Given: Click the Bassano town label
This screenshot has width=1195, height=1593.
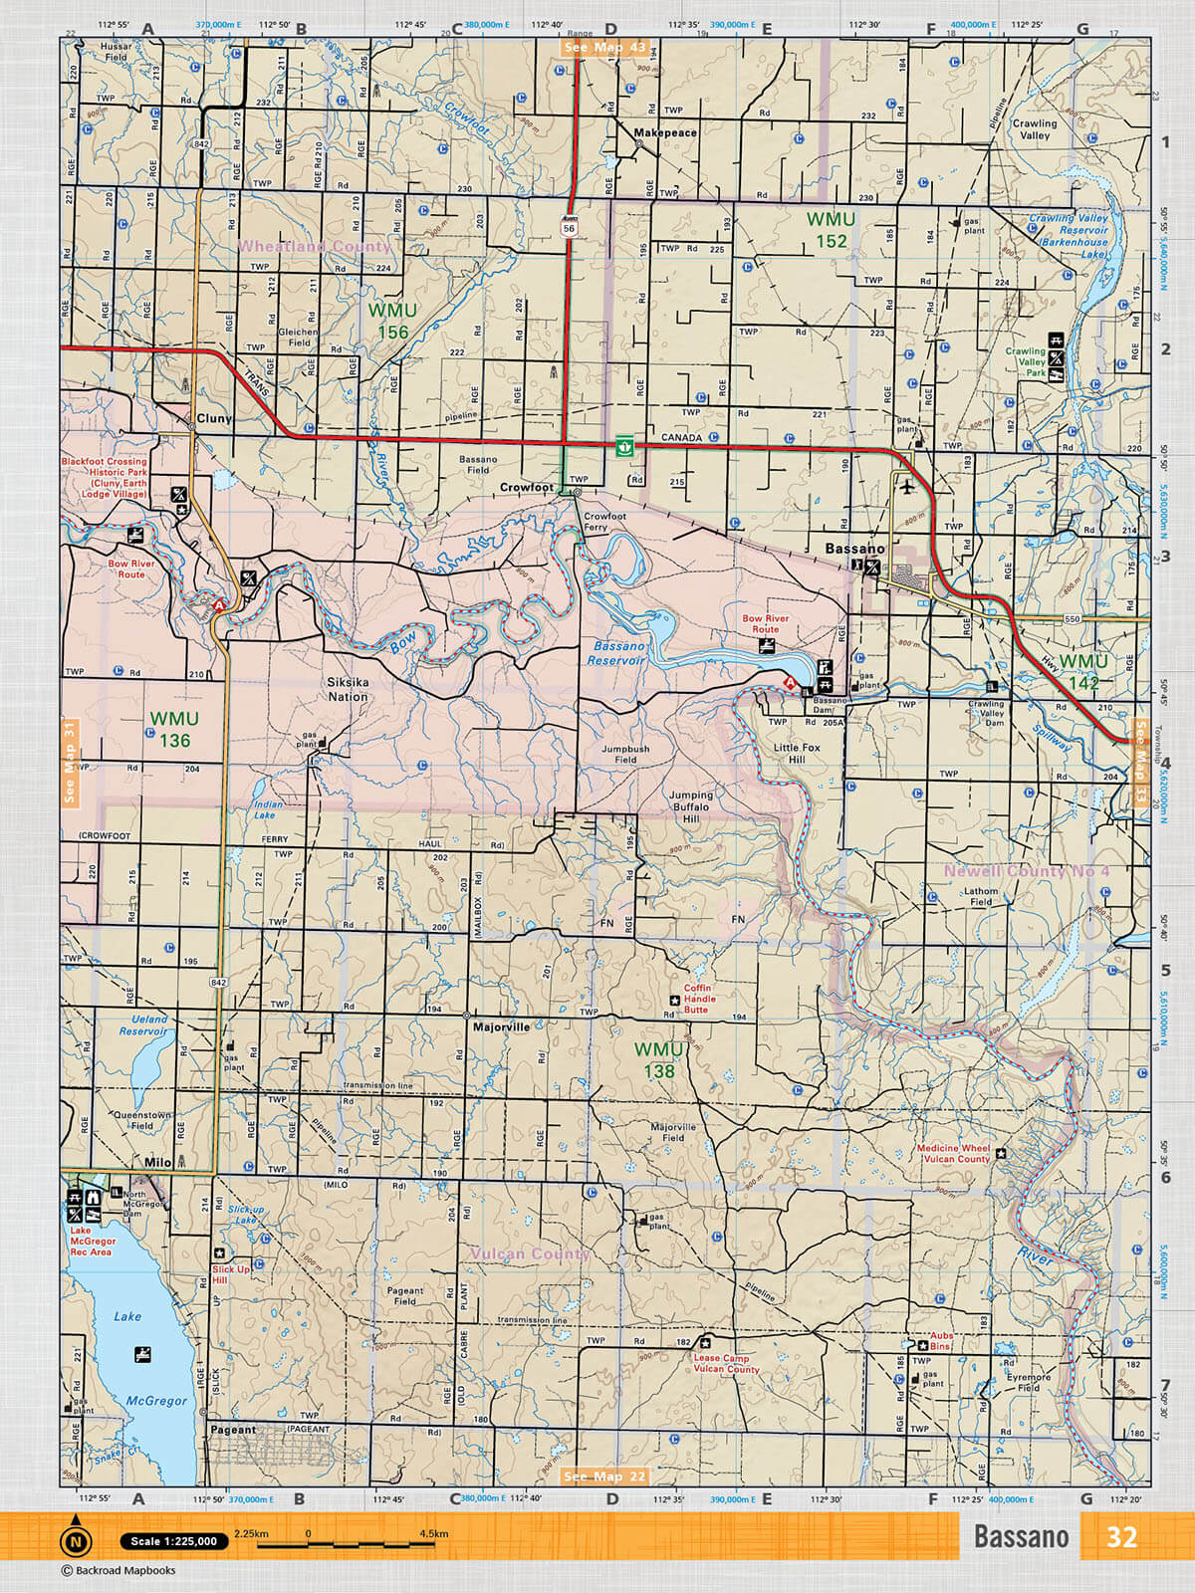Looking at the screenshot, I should click(x=854, y=549).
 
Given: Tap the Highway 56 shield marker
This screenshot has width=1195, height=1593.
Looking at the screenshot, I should click(x=569, y=226).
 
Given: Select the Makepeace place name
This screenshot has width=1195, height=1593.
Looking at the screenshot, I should click(x=665, y=132).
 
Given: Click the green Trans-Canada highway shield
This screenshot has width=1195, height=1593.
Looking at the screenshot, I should click(x=624, y=445).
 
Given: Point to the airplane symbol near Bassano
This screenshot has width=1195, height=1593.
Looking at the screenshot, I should click(x=906, y=487).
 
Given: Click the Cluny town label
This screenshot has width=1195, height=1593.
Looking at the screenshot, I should click(x=214, y=418).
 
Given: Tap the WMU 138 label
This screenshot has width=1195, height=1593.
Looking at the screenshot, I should click(x=659, y=1060).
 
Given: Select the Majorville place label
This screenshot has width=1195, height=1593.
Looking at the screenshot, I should click(x=501, y=1026).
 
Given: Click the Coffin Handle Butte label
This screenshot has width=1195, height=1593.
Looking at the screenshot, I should click(x=699, y=999).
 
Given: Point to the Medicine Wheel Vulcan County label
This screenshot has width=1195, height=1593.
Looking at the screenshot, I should click(x=953, y=1153).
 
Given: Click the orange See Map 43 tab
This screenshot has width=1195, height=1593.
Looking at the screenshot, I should click(x=604, y=47).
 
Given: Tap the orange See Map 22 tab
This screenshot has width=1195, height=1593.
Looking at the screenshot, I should click(x=604, y=1477).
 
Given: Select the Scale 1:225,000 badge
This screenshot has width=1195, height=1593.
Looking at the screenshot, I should click(x=173, y=1541).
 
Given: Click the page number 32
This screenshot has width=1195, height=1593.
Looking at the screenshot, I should click(x=1121, y=1537).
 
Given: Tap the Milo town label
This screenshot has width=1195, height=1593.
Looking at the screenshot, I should click(x=157, y=1162).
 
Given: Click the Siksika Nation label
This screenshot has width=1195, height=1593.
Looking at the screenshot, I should click(x=348, y=690).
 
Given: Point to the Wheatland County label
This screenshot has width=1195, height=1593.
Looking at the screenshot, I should click(x=315, y=246).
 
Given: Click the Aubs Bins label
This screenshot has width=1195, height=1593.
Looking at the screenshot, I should click(x=941, y=1341).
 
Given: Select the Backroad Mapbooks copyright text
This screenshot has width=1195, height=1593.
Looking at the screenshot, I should click(x=119, y=1571).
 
